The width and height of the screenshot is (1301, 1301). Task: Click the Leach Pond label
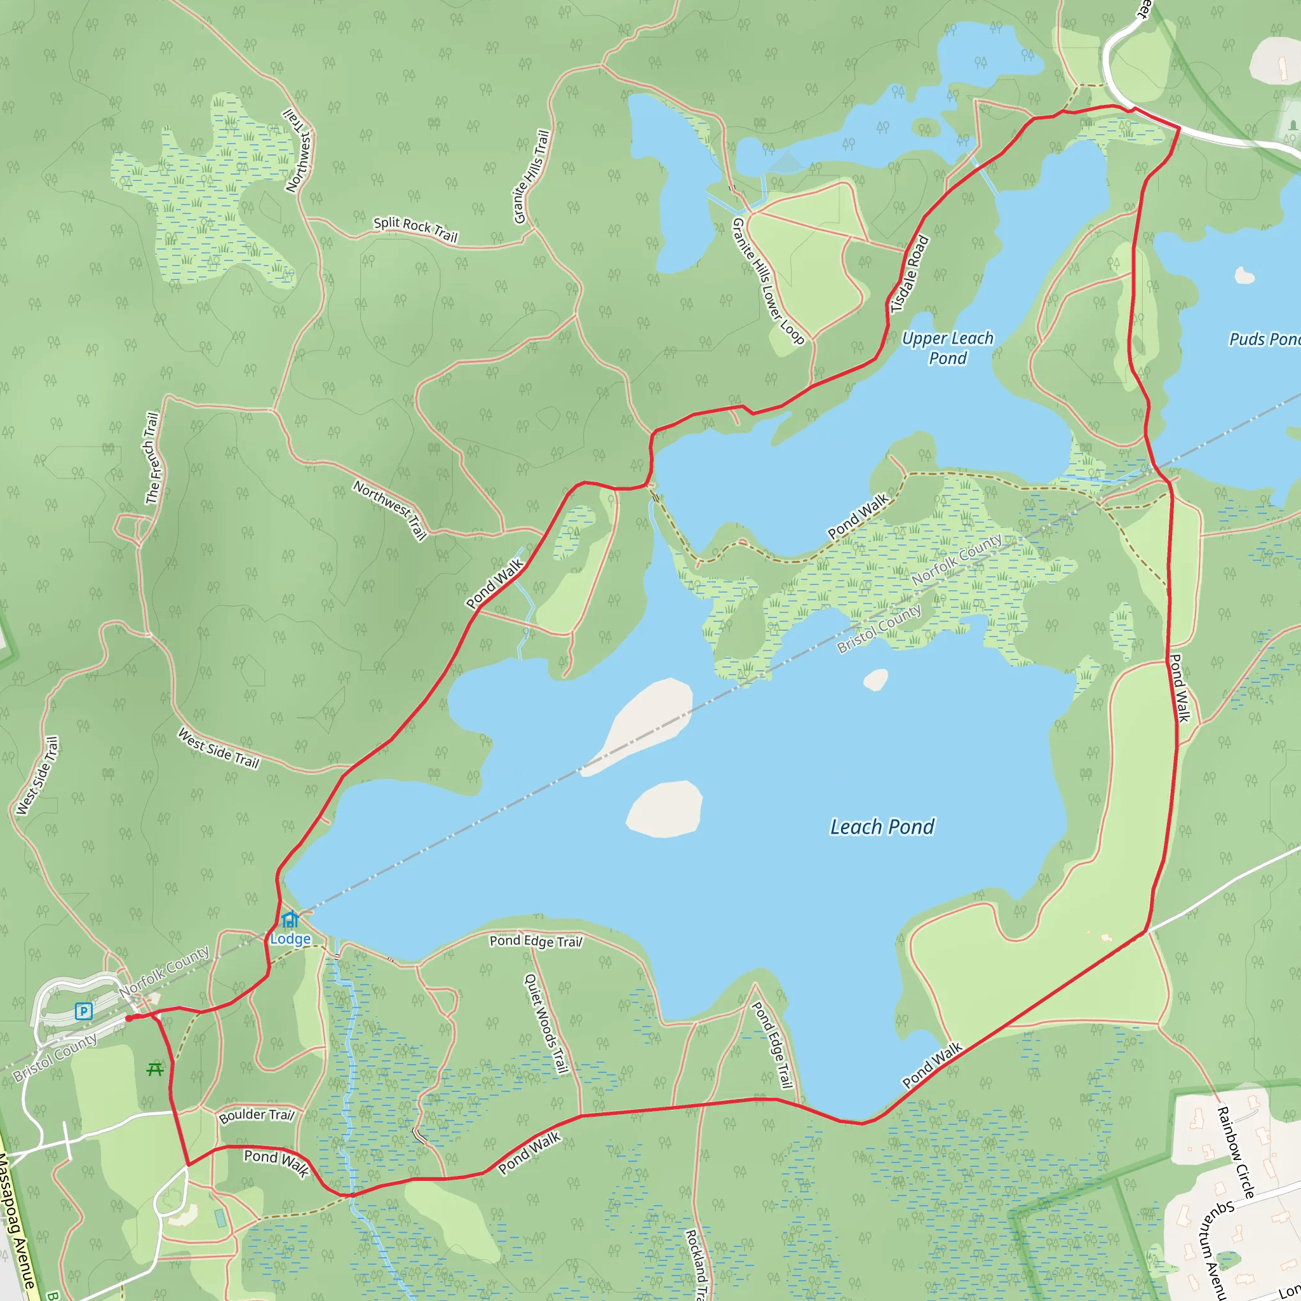882,827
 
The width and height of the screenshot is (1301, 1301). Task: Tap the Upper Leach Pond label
947,348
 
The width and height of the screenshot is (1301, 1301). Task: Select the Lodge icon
290,919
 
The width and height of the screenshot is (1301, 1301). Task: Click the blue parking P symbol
83,1011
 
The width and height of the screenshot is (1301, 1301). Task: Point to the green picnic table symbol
156,1068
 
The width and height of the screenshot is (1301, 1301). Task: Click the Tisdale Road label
910,274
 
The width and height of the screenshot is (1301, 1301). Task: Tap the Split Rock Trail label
415,229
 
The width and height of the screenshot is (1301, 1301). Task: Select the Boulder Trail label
257,1115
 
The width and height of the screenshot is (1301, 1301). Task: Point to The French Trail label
152,458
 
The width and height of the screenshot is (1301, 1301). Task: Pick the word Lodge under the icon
290,939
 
